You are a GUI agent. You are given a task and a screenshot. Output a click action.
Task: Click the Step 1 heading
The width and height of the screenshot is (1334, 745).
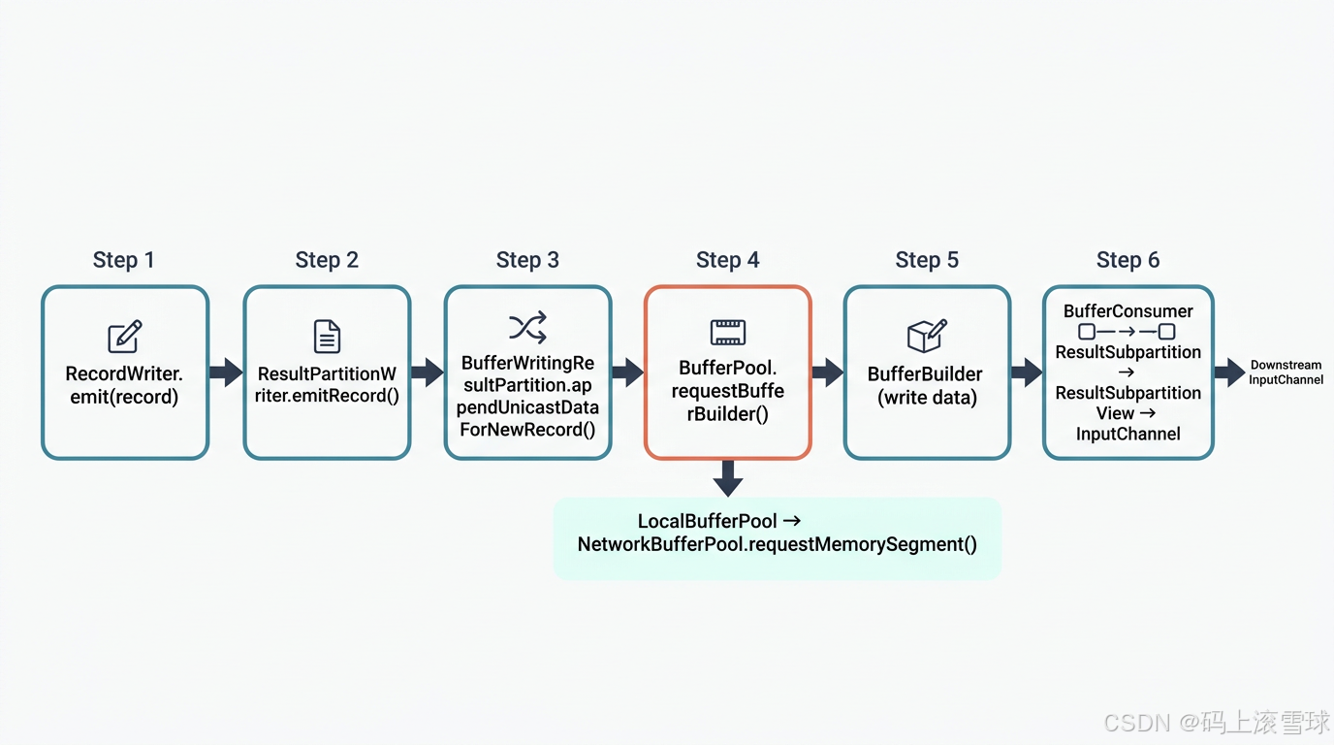coord(123,260)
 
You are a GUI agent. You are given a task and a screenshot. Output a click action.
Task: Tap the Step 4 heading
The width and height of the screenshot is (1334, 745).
coord(727,260)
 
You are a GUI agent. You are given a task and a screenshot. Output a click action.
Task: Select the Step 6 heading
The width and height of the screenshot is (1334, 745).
coord(1128,260)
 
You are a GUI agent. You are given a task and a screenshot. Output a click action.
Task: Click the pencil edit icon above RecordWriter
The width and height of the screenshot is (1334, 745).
coord(125,337)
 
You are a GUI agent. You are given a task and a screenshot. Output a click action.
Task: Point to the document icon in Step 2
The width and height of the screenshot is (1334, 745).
coord(327,337)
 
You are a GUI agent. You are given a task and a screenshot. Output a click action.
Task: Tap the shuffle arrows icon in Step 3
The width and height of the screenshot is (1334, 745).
coord(528,328)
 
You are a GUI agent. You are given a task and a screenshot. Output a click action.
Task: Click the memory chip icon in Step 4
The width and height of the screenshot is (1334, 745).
coord(727,333)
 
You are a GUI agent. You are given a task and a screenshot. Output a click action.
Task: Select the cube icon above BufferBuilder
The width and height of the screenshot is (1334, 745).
coord(926,336)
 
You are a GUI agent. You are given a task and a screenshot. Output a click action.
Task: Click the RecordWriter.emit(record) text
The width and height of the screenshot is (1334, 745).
coord(124,385)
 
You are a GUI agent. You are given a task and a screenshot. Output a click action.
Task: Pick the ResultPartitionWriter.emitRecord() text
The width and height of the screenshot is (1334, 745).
coord(327,385)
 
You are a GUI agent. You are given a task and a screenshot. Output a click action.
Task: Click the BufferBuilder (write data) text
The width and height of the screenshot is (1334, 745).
coord(926,385)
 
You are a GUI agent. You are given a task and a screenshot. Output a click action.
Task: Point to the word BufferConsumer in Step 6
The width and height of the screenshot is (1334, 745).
coord(1128,311)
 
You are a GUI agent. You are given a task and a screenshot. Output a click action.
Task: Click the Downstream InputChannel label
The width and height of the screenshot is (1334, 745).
coord(1286,372)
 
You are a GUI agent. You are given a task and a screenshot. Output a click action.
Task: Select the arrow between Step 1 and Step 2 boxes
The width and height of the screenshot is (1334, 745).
coord(226,372)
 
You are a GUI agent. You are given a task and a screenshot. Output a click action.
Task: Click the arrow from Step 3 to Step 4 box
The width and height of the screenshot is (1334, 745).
coord(627,372)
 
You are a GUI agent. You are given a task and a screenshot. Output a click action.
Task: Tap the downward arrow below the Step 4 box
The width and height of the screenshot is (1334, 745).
coord(727,478)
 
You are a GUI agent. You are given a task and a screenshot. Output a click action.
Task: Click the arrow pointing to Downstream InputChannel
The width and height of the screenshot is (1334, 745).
coord(1228,372)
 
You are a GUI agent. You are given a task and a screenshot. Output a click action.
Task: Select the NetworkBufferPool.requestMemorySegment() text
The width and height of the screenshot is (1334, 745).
coord(777,544)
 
